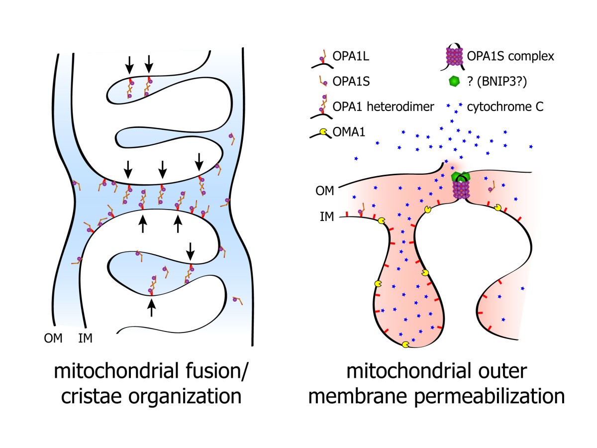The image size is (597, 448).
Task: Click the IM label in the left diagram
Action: click(85, 338)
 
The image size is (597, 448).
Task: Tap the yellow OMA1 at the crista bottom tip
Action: click(406, 344)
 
